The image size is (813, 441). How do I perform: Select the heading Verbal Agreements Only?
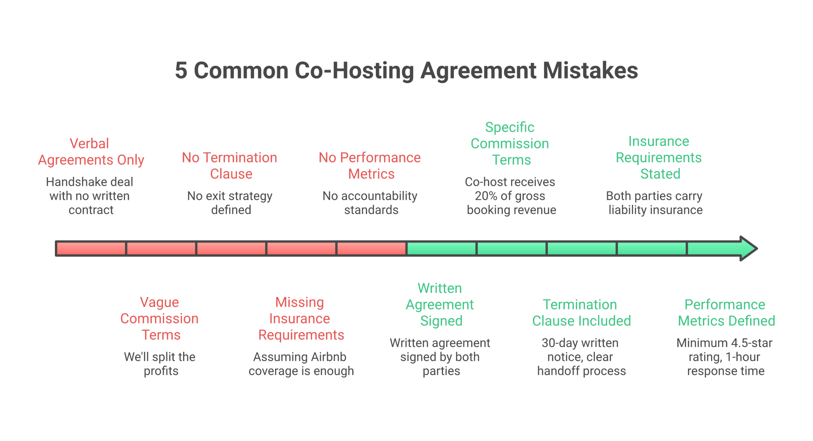tap(91, 152)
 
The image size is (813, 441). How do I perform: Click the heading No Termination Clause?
tap(230, 166)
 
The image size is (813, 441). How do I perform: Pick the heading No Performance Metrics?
tap(370, 166)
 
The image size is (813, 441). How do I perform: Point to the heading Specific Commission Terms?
tap(510, 143)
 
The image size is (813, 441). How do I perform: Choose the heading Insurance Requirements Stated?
tap(659, 157)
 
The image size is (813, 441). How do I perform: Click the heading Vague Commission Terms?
tap(159, 318)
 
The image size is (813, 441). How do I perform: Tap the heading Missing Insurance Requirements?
tap(300, 318)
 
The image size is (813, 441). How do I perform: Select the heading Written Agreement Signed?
tap(440, 305)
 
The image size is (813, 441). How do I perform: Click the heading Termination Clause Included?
tap(581, 313)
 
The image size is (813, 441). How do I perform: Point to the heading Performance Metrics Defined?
tap(726, 313)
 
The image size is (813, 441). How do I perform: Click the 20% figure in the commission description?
tap(486, 196)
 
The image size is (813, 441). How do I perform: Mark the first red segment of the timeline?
tap(91, 248)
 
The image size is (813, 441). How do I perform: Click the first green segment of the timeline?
tap(441, 248)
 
